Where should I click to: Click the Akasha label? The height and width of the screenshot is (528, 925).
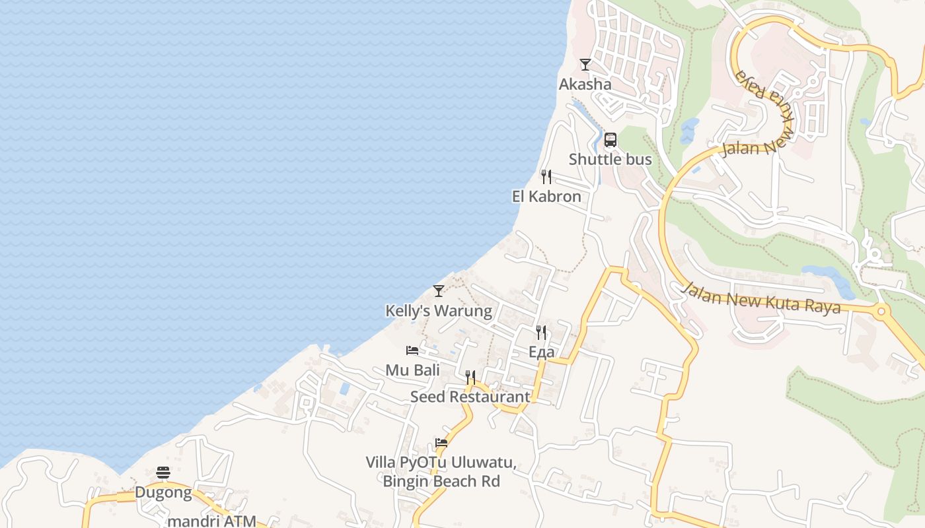click(x=585, y=84)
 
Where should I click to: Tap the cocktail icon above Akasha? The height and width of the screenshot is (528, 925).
click(x=585, y=65)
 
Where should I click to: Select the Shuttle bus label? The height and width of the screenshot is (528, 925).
click(x=610, y=160)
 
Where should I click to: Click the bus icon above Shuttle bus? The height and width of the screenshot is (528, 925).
click(x=610, y=140)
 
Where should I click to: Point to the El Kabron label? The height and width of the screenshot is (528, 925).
click(x=546, y=197)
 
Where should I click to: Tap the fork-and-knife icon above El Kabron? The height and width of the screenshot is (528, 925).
click(x=546, y=177)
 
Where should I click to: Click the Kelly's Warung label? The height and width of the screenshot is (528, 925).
click(x=439, y=311)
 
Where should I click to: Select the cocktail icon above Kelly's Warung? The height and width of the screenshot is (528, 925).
click(x=439, y=291)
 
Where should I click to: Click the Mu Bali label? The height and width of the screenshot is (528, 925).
click(x=412, y=370)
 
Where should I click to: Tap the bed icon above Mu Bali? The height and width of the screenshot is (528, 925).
click(x=412, y=350)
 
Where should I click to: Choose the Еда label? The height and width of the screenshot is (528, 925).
click(x=542, y=352)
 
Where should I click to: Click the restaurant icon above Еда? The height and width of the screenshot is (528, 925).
click(x=542, y=333)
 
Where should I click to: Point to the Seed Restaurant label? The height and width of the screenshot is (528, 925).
click(x=470, y=397)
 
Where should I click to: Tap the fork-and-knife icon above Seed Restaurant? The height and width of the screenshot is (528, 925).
click(x=470, y=378)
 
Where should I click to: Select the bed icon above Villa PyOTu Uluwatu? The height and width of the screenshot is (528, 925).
click(x=441, y=443)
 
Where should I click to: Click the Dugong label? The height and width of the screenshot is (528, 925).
click(x=163, y=492)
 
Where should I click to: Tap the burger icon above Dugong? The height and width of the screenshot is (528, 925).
click(x=163, y=473)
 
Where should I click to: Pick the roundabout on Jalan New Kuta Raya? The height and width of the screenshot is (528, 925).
click(x=881, y=312)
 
